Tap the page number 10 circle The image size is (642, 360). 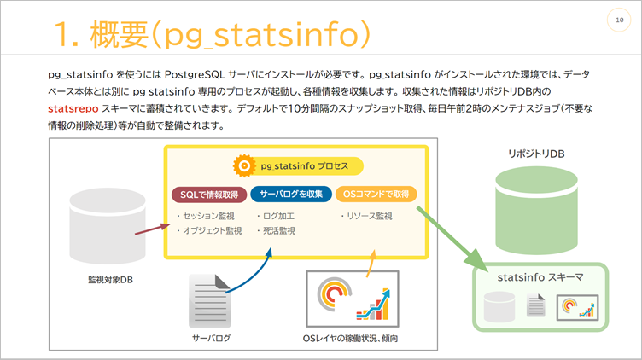tap(618, 20)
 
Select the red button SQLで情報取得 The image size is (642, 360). tap(209, 194)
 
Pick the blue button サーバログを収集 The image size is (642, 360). tap(290, 194)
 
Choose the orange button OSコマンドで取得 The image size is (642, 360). tap(376, 194)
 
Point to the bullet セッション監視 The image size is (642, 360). tap(208, 216)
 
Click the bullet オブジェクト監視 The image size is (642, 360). tap(210, 230)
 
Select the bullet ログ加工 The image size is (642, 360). tap(276, 216)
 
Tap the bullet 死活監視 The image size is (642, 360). tap(276, 230)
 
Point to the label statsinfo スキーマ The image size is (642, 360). tap(540, 277)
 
